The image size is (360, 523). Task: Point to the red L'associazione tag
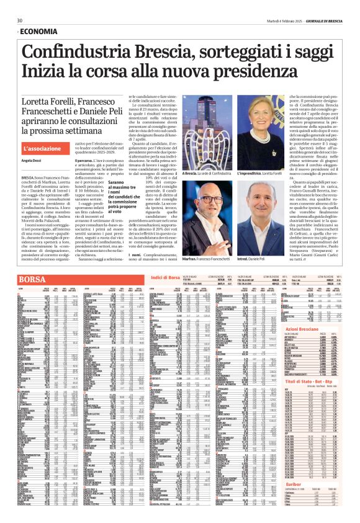(44, 150)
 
